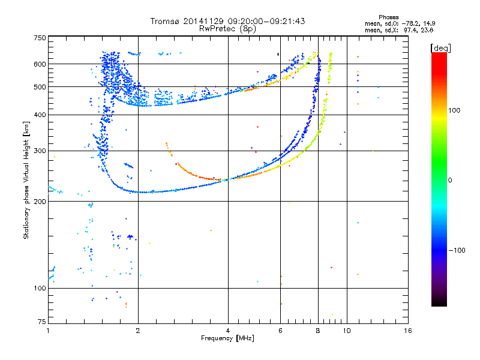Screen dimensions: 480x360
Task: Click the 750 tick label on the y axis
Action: (x=40, y=38)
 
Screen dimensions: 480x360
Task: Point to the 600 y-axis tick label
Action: (x=40, y=64)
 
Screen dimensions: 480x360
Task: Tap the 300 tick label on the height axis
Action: (x=40, y=151)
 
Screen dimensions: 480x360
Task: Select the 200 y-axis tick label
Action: (x=40, y=202)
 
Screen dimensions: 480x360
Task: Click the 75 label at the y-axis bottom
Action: (x=42, y=322)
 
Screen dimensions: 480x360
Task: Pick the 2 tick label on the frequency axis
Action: (x=138, y=331)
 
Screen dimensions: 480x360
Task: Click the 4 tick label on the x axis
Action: (x=228, y=331)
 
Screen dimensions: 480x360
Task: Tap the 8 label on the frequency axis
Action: (x=318, y=331)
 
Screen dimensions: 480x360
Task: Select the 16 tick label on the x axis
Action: (x=408, y=331)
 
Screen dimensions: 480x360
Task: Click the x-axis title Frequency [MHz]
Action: (x=227, y=338)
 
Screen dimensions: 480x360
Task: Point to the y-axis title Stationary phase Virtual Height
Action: (x=26, y=181)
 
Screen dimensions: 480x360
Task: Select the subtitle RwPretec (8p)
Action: (x=227, y=29)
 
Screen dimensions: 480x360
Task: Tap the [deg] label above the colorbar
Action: (x=440, y=49)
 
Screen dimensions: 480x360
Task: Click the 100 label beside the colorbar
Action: (x=454, y=110)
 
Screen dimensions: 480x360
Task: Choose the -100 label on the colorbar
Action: (x=457, y=250)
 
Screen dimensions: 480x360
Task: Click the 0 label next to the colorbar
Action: (x=450, y=181)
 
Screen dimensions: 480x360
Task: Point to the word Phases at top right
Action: (x=388, y=17)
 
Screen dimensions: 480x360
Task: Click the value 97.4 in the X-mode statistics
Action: (x=410, y=31)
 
